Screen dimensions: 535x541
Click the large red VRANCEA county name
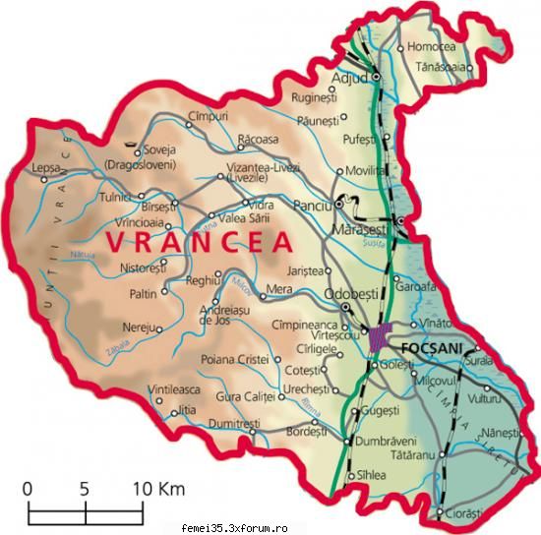pos(198,241)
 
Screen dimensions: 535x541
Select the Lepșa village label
pos(45,167)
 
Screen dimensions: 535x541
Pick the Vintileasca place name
pos(173,390)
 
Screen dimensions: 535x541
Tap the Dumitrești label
pos(235,423)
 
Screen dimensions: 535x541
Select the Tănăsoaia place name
pos(444,67)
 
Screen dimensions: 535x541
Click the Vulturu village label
pos(486,399)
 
